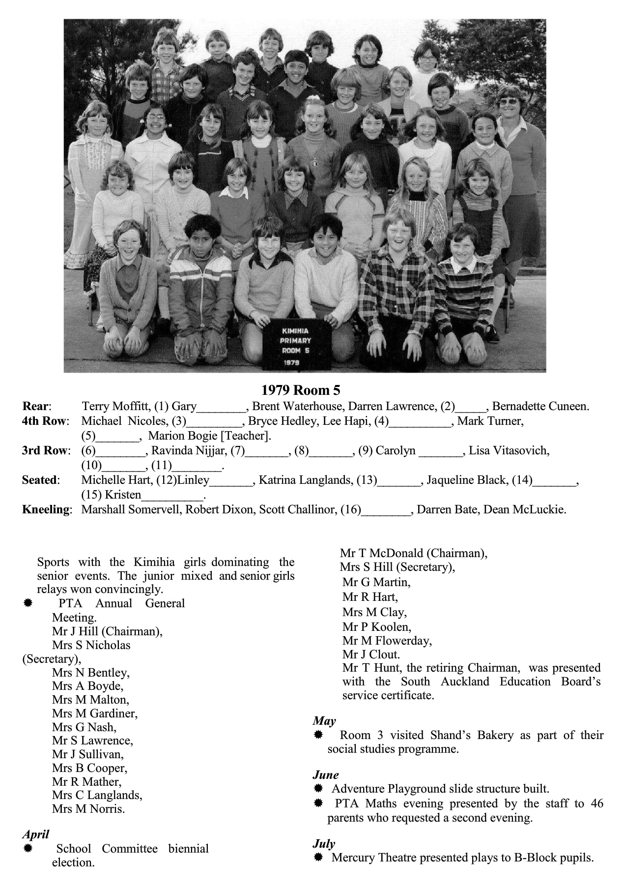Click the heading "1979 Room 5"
click(300, 390)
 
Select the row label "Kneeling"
click(47, 509)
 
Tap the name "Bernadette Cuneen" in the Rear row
click(540, 407)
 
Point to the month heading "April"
click(35, 834)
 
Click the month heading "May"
click(324, 721)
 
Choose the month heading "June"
click(326, 775)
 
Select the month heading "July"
click(324, 844)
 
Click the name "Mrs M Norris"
click(88, 809)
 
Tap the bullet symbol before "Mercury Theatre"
click(318, 857)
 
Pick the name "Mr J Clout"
click(371, 654)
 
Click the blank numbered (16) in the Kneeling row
click(385, 510)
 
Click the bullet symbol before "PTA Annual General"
click(28, 603)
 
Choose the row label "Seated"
click(40, 480)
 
